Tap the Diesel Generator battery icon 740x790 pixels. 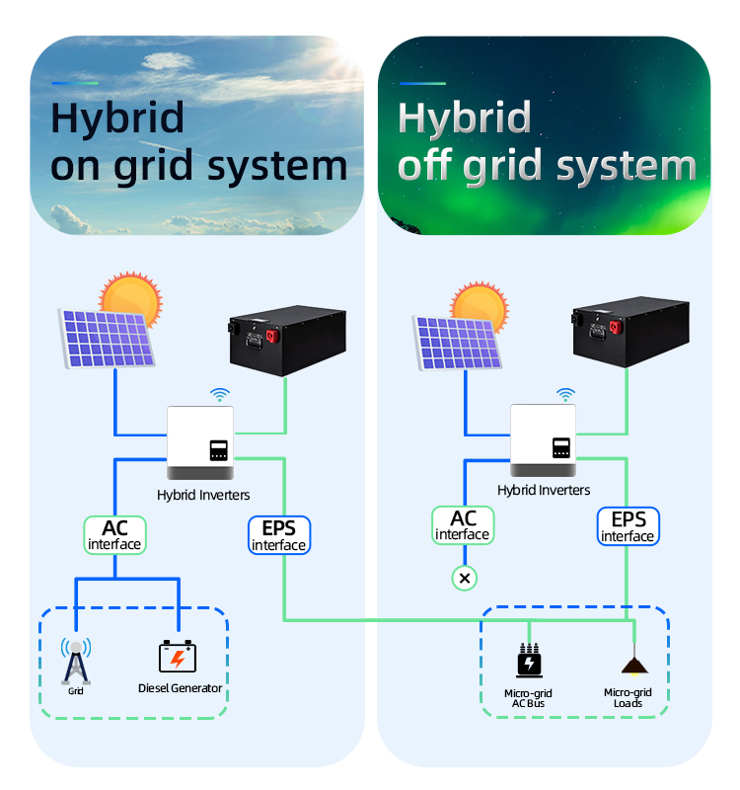click(x=179, y=657)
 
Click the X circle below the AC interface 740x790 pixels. click(x=464, y=578)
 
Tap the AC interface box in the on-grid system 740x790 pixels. click(x=114, y=533)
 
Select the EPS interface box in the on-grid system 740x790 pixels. click(x=278, y=533)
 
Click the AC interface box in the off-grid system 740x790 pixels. click(x=463, y=524)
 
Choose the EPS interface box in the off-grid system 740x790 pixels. click(x=628, y=526)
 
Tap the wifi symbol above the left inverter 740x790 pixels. click(x=220, y=395)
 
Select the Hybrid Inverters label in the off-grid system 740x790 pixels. click(x=544, y=490)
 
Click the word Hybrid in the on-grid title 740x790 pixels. click(x=117, y=118)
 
